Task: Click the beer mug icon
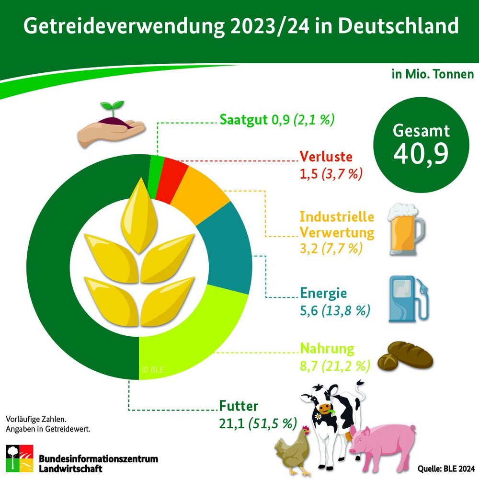[406, 230]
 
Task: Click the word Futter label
[239, 407]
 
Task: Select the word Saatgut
[243, 120]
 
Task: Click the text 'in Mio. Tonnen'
[433, 75]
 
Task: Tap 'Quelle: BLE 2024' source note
[446, 468]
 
